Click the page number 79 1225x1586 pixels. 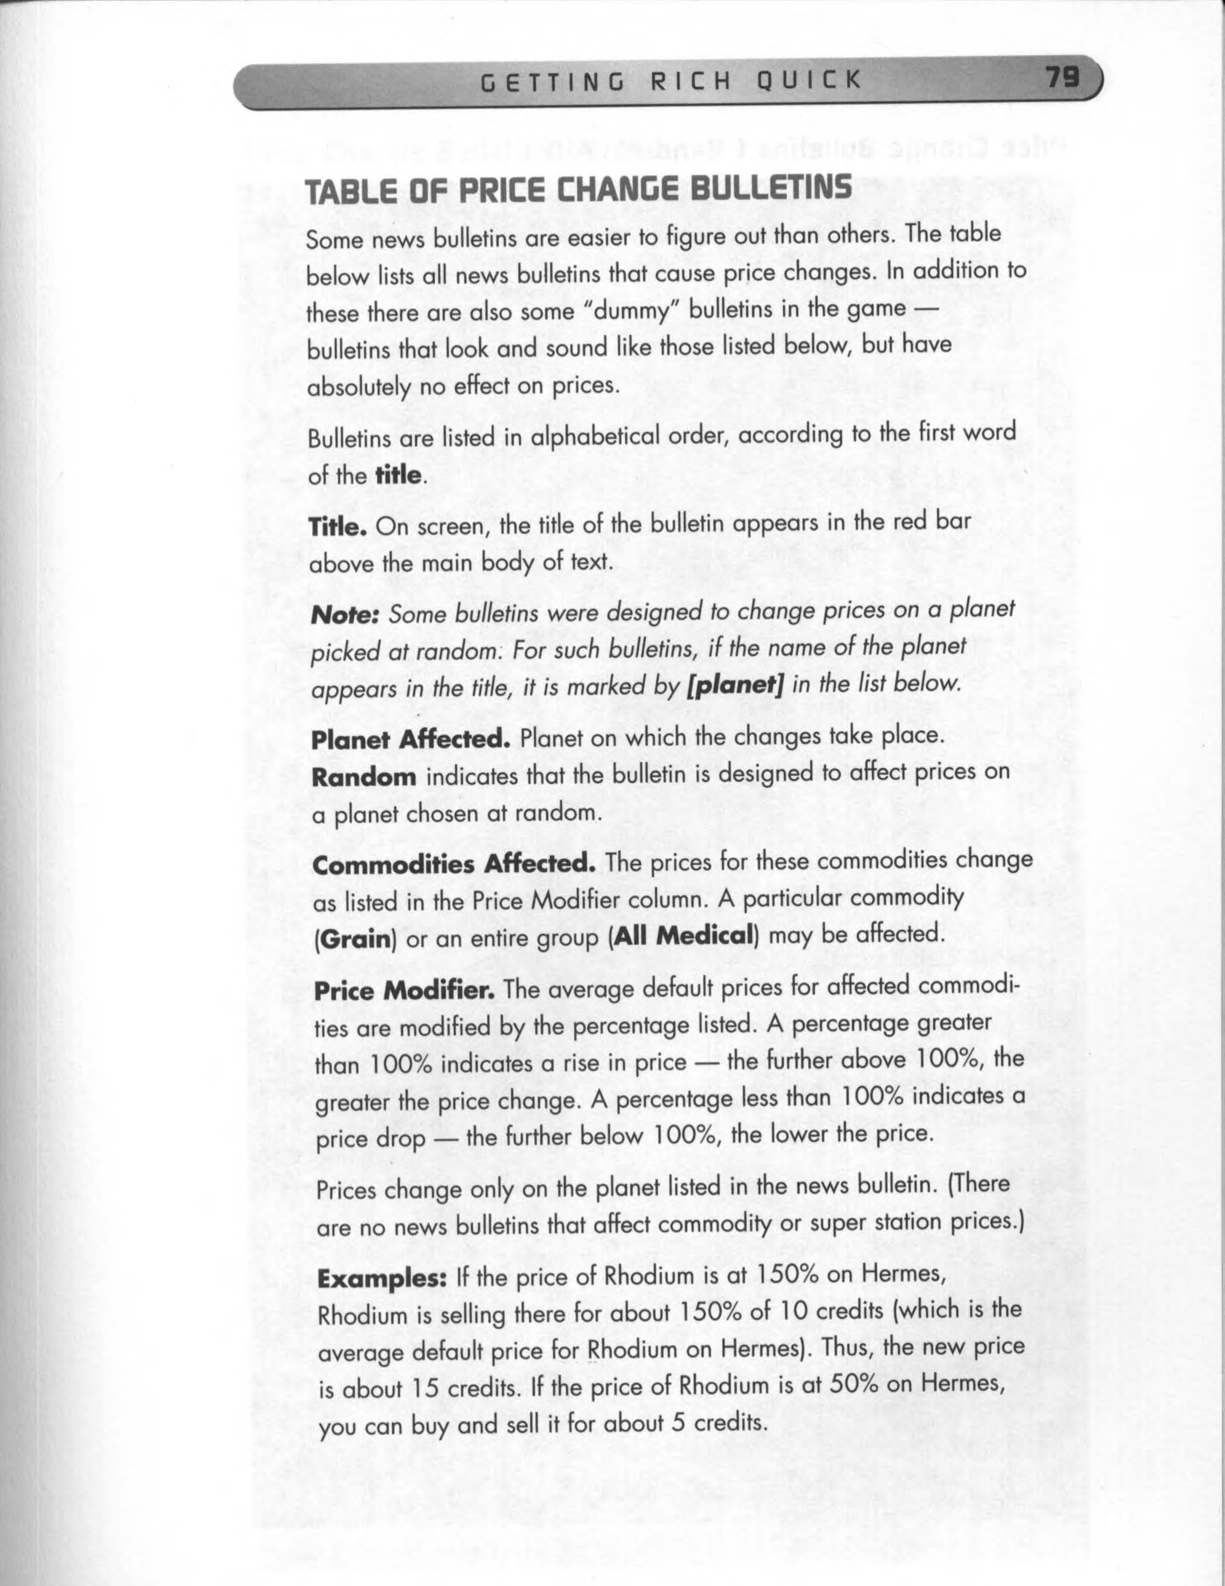point(1061,77)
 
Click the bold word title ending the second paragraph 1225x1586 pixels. point(398,476)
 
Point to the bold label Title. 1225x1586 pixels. point(338,525)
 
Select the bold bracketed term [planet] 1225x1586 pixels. point(735,683)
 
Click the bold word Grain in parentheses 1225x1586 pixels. point(354,940)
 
